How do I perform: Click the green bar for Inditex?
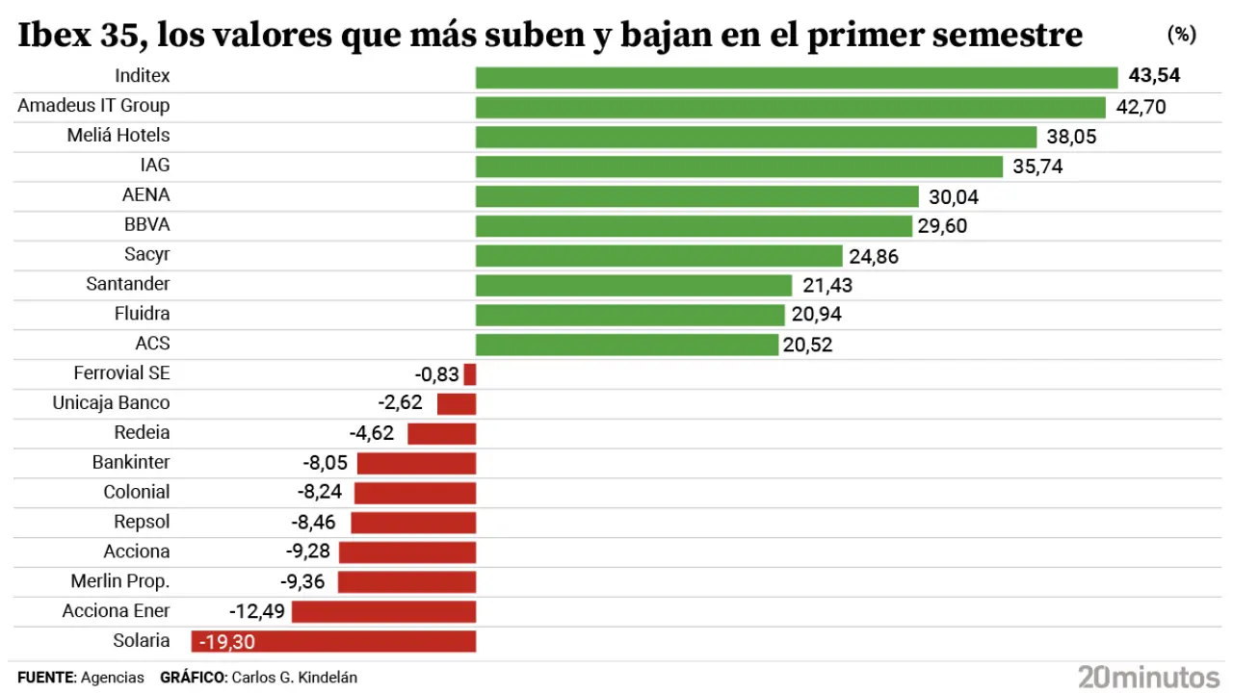(x=797, y=77)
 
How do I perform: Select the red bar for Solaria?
(x=333, y=641)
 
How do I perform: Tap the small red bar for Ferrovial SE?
(x=470, y=374)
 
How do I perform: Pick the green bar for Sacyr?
(x=659, y=256)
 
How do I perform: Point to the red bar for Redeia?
(x=442, y=433)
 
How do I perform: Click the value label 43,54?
(x=1154, y=76)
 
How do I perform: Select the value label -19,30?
(x=225, y=641)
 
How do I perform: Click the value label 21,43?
(x=827, y=286)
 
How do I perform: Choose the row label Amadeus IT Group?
(x=93, y=105)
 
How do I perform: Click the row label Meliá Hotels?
(x=118, y=135)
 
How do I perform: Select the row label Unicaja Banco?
(x=111, y=402)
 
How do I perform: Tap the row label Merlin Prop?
(x=120, y=581)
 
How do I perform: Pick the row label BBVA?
(x=146, y=224)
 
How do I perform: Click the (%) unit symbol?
(x=1181, y=35)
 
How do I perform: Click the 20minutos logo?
(x=1148, y=676)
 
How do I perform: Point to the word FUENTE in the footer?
(x=45, y=678)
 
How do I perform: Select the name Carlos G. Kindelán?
(x=293, y=678)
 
